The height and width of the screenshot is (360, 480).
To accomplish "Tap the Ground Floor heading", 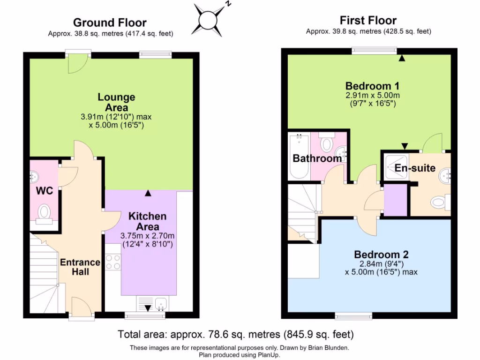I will [110, 22].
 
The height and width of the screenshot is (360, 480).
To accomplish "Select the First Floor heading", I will [368, 20].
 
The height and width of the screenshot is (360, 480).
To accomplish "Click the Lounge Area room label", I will [116, 102].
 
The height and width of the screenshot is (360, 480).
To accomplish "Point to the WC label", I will [45, 191].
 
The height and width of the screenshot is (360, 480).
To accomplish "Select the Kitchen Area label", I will [148, 221].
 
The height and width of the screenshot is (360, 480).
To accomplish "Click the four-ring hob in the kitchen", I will [113, 262].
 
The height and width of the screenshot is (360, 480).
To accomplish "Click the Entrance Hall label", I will [80, 267].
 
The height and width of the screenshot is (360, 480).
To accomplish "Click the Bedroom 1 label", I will [372, 86].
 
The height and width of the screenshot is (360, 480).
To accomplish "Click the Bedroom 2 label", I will [381, 255].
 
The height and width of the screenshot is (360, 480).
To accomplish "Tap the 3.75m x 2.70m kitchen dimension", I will [147, 236].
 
